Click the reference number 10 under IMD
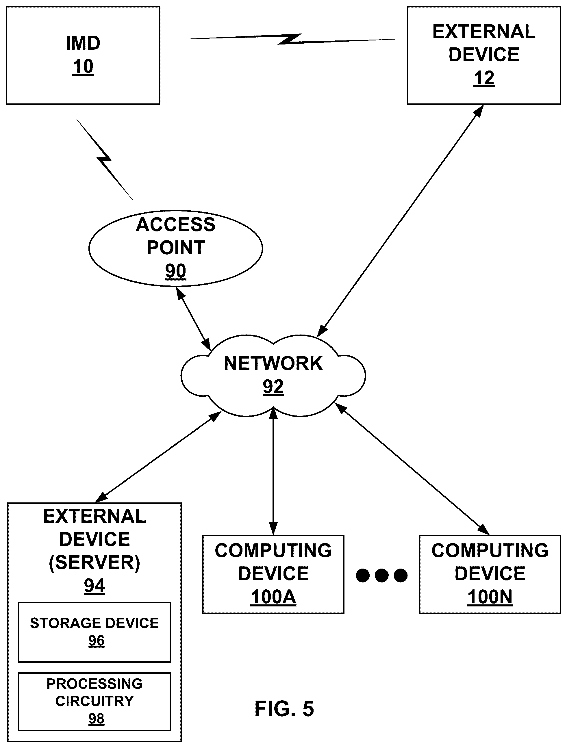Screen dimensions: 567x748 click(x=83, y=67)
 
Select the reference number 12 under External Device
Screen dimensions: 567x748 click(x=484, y=79)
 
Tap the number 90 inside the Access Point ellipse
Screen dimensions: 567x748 click(x=176, y=271)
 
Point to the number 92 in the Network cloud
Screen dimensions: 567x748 click(x=273, y=387)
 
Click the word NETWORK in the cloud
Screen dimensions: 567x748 click(x=273, y=363)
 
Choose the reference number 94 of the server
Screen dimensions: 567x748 click(x=94, y=586)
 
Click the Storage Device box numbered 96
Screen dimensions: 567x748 click(x=94, y=632)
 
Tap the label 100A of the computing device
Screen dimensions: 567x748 click(x=273, y=597)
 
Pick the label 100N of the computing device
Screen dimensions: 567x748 click(x=490, y=597)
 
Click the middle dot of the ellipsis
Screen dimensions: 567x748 click(x=381, y=575)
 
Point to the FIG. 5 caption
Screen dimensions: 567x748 click(x=284, y=708)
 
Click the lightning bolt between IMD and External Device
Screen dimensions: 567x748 click(x=290, y=39)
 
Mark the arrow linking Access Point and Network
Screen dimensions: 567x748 click(x=194, y=319)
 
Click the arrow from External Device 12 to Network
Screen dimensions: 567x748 click(x=400, y=221)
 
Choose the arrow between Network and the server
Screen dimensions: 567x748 click(x=158, y=457)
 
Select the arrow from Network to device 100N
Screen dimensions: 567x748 click(x=412, y=469)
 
